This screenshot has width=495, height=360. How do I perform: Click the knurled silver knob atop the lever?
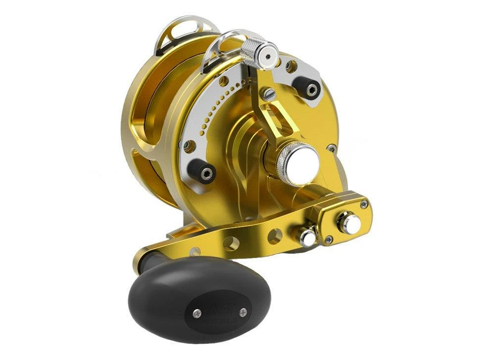(x=259, y=50)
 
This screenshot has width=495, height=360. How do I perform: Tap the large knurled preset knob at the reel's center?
(x=297, y=162)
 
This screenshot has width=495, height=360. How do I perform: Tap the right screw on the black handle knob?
(x=243, y=312)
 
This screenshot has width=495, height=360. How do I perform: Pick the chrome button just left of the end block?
(x=307, y=237)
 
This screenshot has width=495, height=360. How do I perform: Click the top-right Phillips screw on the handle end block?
(x=364, y=204)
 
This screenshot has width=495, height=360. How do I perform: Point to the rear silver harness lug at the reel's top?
(x=176, y=35)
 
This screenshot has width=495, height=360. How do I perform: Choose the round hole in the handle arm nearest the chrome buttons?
(x=275, y=235)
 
